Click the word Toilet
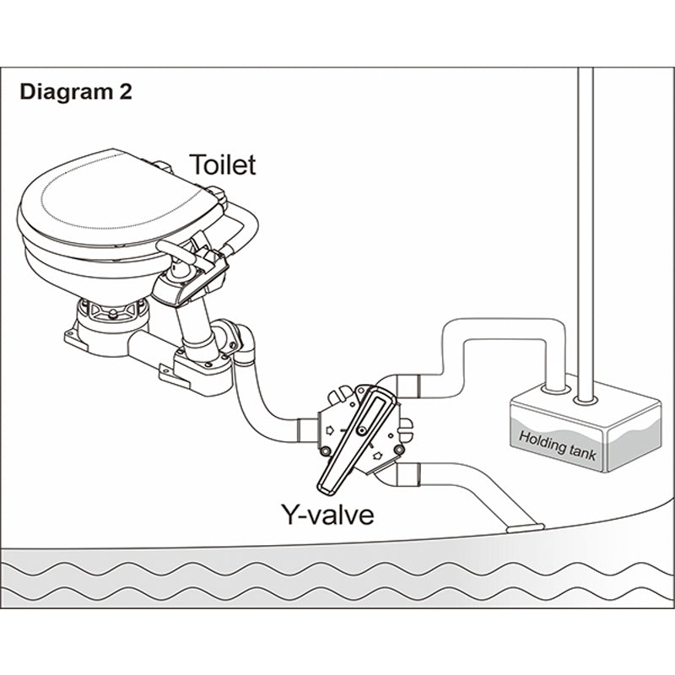(222, 164)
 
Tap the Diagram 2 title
(75, 92)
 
